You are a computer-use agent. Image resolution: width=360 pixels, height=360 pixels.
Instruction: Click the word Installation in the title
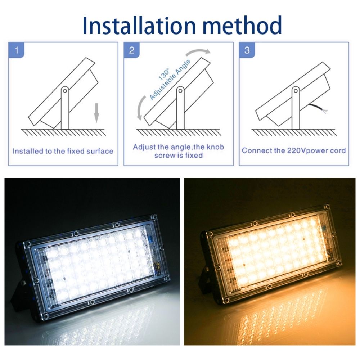[139, 25]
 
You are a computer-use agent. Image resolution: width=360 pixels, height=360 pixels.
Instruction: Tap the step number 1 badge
[16, 50]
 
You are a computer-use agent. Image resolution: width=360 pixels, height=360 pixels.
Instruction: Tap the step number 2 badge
[131, 50]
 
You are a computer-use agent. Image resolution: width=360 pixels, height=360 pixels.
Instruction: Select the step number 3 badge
[247, 50]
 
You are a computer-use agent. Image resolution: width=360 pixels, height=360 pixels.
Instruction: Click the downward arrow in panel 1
[96, 113]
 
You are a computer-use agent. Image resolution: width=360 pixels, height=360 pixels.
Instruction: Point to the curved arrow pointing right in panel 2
[197, 51]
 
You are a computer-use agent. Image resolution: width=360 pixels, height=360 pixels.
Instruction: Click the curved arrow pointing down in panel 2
[141, 107]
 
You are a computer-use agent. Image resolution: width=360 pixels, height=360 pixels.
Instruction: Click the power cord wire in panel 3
[318, 108]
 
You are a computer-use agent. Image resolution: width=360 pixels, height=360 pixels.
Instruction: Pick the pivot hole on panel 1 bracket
[65, 91]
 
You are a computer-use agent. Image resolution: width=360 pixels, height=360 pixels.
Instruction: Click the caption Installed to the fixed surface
[63, 151]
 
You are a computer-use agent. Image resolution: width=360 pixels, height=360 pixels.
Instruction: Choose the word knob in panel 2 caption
[215, 147]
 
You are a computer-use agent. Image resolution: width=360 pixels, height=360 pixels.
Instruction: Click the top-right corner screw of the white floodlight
[152, 217]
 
